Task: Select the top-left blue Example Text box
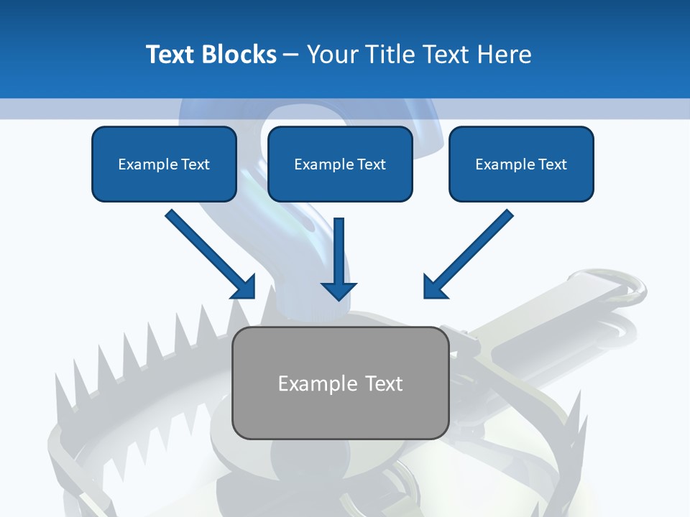pyautogui.click(x=164, y=164)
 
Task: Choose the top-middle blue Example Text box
pyautogui.click(x=340, y=164)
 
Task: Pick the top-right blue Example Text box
pyautogui.click(x=521, y=164)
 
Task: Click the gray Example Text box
pyautogui.click(x=340, y=383)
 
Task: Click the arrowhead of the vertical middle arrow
pyautogui.click(x=339, y=290)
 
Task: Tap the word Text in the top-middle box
pyautogui.click(x=372, y=164)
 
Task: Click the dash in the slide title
pyautogui.click(x=291, y=55)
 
